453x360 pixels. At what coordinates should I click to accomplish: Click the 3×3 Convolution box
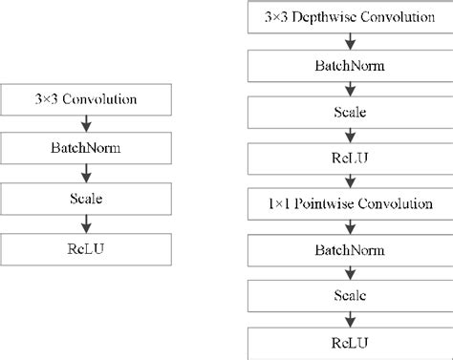click(x=87, y=99)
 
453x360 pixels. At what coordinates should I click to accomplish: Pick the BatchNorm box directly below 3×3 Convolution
click(x=87, y=149)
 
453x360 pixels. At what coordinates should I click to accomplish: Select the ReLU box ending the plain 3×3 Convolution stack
click(x=87, y=248)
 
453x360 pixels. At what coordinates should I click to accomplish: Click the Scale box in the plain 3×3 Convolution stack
click(x=87, y=199)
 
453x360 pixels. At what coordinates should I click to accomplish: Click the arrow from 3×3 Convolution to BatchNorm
click(x=87, y=124)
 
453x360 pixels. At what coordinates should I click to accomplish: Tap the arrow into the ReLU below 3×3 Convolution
click(x=87, y=223)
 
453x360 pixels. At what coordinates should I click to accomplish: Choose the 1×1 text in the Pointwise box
click(x=284, y=203)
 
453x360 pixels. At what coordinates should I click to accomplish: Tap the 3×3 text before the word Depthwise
click(x=284, y=16)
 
